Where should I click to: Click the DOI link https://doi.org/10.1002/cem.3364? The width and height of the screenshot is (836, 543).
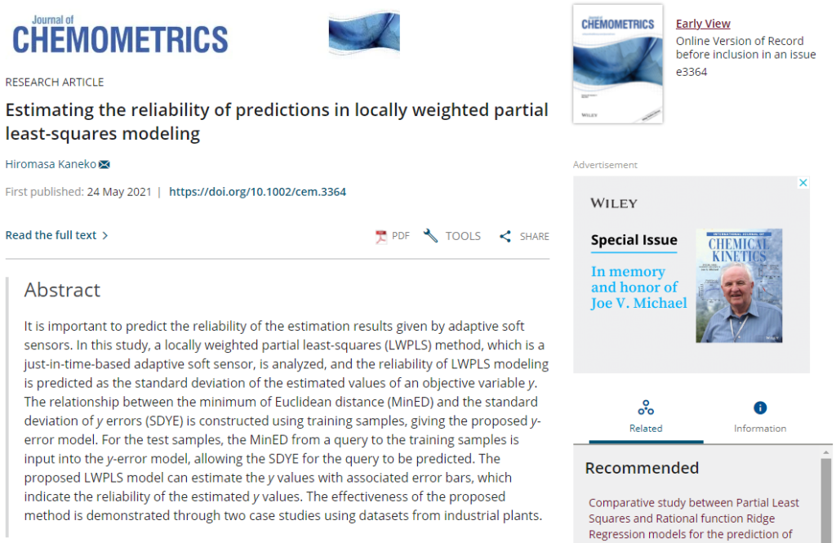click(257, 192)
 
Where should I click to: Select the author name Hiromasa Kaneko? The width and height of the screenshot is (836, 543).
click(51, 164)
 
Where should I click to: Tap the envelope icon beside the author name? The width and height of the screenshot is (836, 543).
click(104, 165)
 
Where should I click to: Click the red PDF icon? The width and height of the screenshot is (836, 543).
click(380, 237)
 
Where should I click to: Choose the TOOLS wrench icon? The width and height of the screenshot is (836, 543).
click(431, 236)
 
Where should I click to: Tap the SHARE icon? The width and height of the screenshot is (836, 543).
click(505, 237)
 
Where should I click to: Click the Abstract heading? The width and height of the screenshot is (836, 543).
click(62, 290)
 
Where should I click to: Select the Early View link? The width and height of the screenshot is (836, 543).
click(703, 24)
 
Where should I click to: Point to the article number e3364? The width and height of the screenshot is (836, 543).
click(691, 72)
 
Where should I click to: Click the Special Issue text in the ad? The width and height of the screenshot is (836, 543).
click(634, 240)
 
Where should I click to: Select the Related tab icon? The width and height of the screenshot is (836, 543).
click(646, 407)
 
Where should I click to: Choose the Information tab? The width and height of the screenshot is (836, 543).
click(760, 416)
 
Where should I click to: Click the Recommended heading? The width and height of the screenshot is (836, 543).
click(642, 468)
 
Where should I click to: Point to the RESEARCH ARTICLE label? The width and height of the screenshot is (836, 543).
click(55, 82)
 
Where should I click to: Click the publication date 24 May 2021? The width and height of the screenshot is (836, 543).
click(119, 192)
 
